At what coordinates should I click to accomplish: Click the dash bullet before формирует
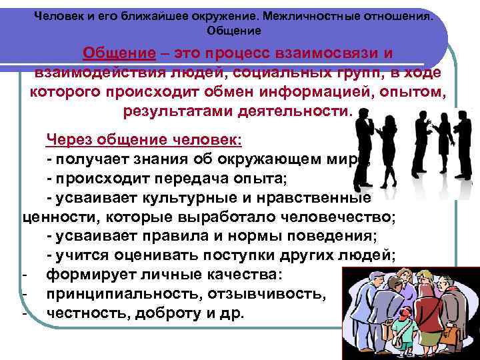click(x=25, y=275)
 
